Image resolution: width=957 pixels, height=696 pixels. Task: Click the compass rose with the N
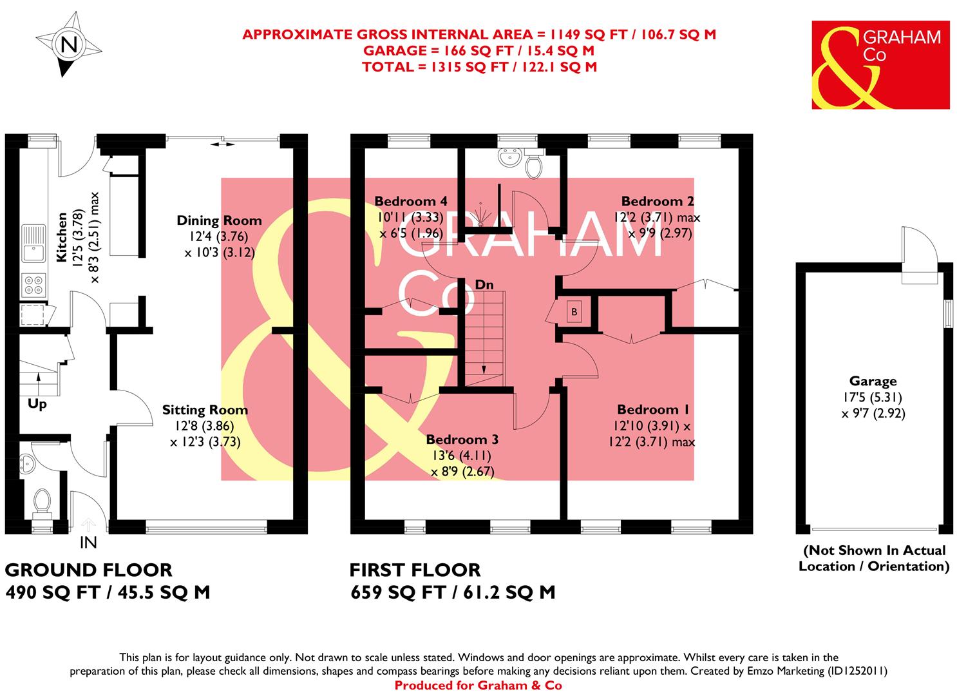[68, 46]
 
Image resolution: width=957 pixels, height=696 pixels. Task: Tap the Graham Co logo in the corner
[880, 64]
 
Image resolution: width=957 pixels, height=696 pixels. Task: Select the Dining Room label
[219, 221]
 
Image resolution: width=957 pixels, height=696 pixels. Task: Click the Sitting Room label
[205, 410]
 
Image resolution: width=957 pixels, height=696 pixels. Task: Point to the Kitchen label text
[62, 237]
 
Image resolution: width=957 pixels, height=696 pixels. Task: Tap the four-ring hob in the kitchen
[33, 284]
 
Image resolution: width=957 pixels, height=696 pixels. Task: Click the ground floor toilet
[43, 501]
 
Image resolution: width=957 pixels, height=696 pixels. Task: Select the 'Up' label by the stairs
[37, 405]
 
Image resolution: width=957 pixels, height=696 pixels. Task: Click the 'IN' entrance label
[88, 543]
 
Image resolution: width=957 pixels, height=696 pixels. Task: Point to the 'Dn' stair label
[484, 284]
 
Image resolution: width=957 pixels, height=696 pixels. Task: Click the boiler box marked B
[573, 312]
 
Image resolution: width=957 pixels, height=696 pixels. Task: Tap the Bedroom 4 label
[411, 201]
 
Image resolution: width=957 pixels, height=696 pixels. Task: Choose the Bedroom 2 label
[657, 201]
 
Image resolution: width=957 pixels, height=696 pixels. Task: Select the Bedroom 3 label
[462, 440]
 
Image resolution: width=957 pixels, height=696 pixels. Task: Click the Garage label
[873, 382]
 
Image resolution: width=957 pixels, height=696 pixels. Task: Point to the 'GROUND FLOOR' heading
[89, 570]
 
